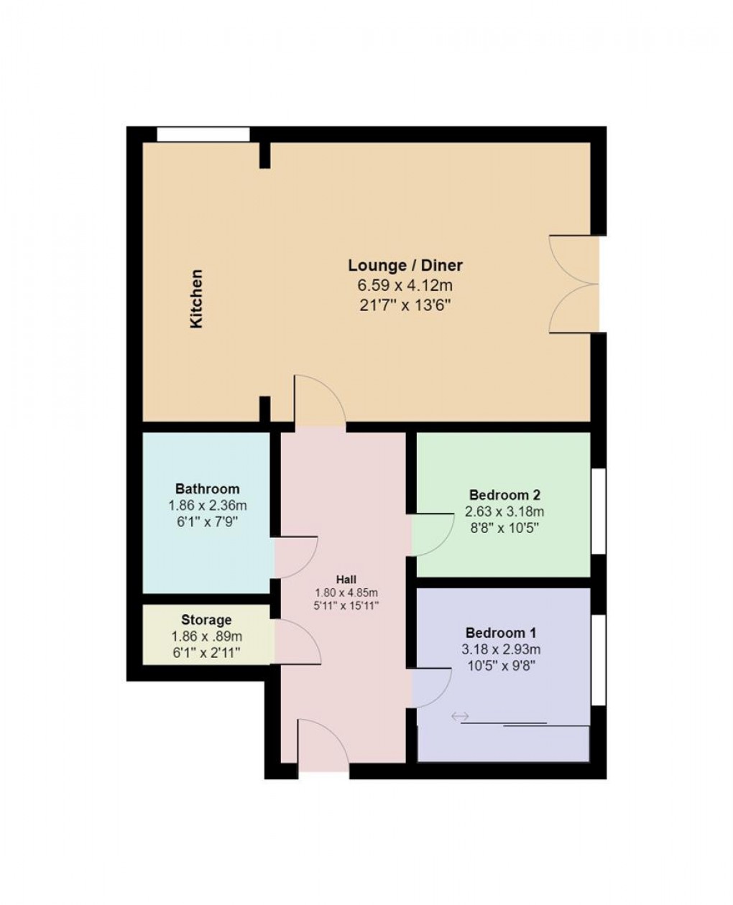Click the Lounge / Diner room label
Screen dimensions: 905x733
coord(405,265)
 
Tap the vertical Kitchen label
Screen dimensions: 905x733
coord(196,299)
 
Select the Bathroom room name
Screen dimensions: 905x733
coord(207,489)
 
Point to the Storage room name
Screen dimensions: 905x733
coord(206,619)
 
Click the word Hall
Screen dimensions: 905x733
coord(346,580)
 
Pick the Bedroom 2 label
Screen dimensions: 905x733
coord(504,495)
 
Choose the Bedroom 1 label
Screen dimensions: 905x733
coord(501,633)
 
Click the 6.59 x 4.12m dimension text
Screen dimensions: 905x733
coord(405,285)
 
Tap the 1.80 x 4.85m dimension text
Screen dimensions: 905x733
coord(346,593)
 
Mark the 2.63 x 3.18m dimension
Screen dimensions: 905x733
coord(504,512)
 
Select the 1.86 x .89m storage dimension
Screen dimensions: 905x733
coord(206,636)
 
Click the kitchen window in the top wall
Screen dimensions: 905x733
coord(203,134)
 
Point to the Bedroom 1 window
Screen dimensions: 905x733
coord(598,659)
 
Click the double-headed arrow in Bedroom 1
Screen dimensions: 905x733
coord(460,716)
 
